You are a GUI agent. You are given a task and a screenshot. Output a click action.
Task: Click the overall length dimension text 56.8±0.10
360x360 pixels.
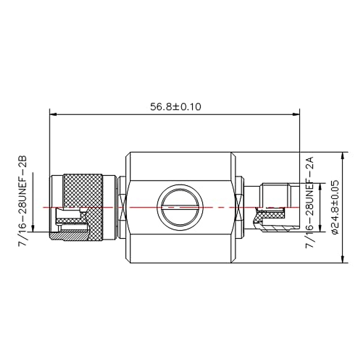pos(175,107)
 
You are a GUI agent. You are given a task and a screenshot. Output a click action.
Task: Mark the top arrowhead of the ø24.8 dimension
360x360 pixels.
pos(342,156)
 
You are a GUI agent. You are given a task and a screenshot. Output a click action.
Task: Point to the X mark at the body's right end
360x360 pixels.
pos(239,207)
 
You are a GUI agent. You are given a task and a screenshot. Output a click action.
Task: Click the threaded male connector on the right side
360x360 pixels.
pos(276,195)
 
